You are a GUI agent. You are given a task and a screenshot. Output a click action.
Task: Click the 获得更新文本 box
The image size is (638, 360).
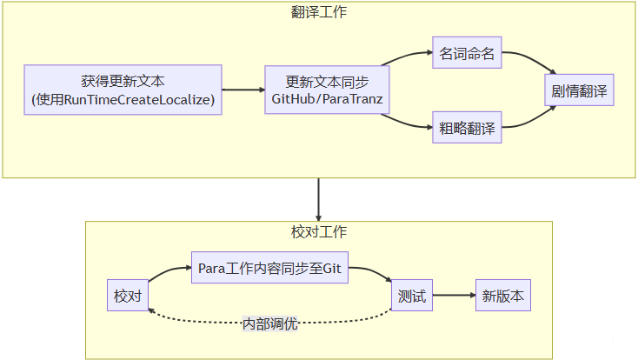pyautogui.click(x=123, y=90)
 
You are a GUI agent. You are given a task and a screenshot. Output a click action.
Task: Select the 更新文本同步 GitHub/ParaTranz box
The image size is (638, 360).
pyautogui.click(x=327, y=90)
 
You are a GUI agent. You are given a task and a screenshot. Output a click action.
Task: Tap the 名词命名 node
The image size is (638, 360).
pyautogui.click(x=467, y=54)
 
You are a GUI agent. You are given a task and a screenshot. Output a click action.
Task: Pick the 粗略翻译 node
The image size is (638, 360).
pyautogui.click(x=467, y=129)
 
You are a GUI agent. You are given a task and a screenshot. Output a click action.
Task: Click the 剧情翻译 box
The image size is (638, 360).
pyautogui.click(x=579, y=90)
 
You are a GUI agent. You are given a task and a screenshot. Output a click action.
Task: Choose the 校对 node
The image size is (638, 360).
pyautogui.click(x=127, y=296)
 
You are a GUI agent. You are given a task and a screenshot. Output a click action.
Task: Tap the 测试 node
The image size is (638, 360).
pyautogui.click(x=412, y=296)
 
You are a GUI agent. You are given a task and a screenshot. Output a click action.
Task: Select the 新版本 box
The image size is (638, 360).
pyautogui.click(x=503, y=296)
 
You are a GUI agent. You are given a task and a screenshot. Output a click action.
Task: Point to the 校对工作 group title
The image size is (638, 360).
pyautogui.click(x=319, y=232)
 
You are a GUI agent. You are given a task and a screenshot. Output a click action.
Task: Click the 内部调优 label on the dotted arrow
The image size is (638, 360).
pyautogui.click(x=269, y=323)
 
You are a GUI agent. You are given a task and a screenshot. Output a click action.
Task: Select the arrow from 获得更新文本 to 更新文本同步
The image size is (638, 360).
pyautogui.click(x=243, y=90)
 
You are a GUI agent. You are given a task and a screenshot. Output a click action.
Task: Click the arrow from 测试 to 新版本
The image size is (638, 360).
pyautogui.click(x=454, y=296)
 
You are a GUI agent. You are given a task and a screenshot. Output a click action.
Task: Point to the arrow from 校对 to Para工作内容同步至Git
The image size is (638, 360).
pyautogui.click(x=169, y=272)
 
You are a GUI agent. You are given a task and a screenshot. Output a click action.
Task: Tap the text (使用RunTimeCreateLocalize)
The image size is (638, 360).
pyautogui.click(x=123, y=100)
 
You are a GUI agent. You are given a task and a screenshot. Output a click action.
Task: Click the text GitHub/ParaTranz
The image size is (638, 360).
pyautogui.click(x=327, y=99)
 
